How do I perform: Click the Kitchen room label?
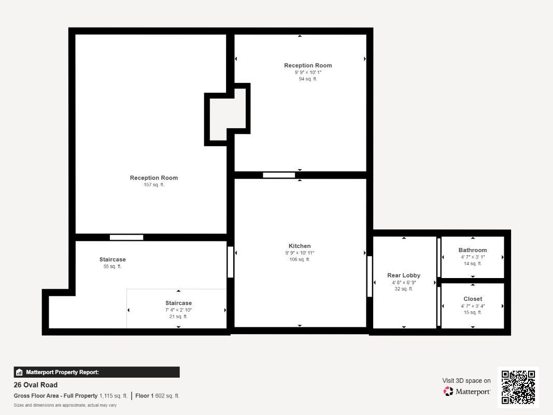tap(300, 246)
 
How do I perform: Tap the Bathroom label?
tap(473, 250)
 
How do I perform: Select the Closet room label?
tap(473, 299)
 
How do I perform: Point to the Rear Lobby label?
tap(404, 275)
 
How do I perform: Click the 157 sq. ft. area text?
tap(154, 185)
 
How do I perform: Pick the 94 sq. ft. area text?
tap(308, 79)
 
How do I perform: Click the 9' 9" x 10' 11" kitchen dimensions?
tap(300, 253)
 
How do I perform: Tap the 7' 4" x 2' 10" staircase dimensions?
tap(178, 310)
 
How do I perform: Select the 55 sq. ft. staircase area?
tap(112, 267)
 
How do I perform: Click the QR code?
tap(518, 387)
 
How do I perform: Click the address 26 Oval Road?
tap(36, 384)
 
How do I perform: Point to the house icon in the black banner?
tap(19, 372)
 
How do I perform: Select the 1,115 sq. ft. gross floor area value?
tap(113, 396)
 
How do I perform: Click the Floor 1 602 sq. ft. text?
tap(157, 396)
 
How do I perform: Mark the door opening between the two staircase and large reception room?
tap(126, 238)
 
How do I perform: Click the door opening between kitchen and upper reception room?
tap(279, 175)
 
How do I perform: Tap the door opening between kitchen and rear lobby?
tap(370, 276)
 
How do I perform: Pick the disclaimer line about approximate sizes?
tap(65, 405)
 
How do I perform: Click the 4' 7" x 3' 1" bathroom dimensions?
tap(473, 257)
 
